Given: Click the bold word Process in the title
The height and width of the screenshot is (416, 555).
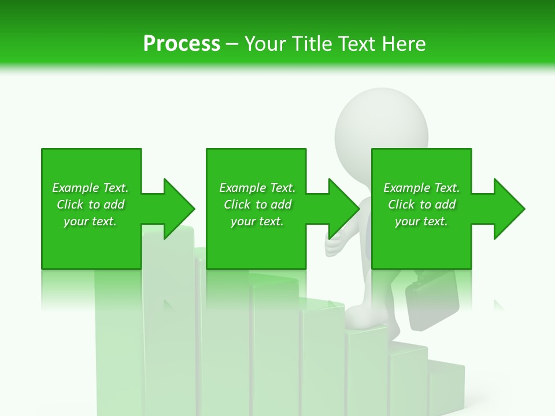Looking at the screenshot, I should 182,43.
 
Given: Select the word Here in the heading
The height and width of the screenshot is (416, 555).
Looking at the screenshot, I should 403,43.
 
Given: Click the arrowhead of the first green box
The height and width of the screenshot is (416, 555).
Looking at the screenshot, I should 177,209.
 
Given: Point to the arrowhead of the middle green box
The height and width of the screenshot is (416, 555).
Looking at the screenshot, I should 342,209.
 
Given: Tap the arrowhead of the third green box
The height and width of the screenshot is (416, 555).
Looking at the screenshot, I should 508,209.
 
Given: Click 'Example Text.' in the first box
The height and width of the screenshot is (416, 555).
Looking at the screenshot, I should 90,188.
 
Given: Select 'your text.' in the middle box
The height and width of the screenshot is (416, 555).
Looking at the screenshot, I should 257,221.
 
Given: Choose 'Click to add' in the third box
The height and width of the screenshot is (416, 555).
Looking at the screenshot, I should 421,205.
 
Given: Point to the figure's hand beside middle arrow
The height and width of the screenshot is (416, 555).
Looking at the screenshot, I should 335,246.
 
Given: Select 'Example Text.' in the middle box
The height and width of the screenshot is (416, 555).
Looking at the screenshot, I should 257,188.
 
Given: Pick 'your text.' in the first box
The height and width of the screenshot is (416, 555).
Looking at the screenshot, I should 90,221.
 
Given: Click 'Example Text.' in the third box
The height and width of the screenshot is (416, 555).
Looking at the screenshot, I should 421,188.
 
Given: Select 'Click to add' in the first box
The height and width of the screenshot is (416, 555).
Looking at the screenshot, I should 90,205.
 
